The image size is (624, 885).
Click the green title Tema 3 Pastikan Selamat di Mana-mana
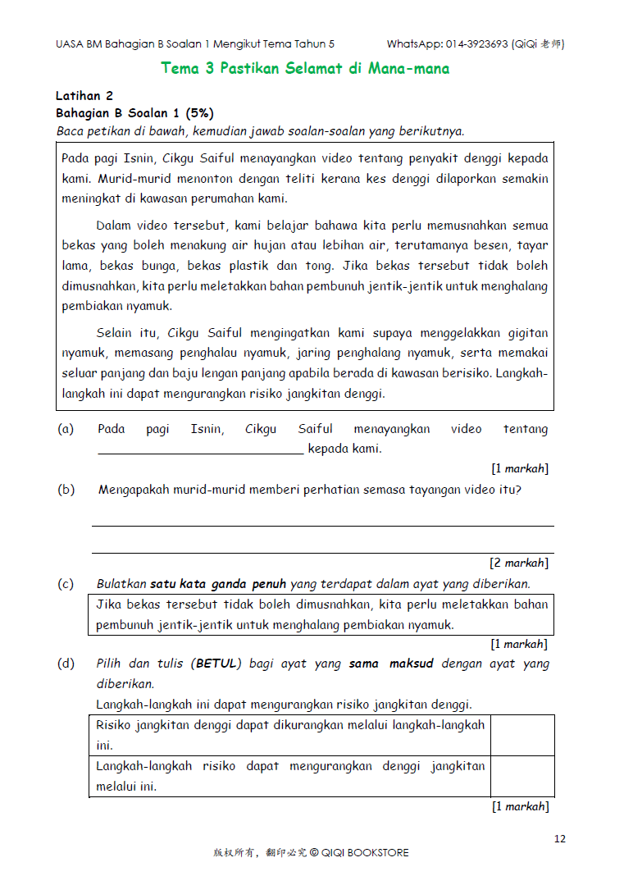[305, 68]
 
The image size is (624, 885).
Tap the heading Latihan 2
[84, 96]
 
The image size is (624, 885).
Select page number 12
[560, 838]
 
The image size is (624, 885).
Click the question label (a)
[66, 429]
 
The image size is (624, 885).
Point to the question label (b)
[66, 490]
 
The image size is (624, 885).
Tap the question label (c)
[66, 584]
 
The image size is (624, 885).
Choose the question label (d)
[66, 664]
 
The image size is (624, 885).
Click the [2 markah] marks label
[519, 563]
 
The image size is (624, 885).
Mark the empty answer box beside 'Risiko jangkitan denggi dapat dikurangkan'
[522, 735]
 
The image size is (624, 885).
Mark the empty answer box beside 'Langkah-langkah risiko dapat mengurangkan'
[522, 776]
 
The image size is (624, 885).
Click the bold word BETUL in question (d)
[216, 664]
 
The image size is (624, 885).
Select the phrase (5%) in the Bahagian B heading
[199, 113]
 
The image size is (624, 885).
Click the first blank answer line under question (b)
[322, 526]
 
